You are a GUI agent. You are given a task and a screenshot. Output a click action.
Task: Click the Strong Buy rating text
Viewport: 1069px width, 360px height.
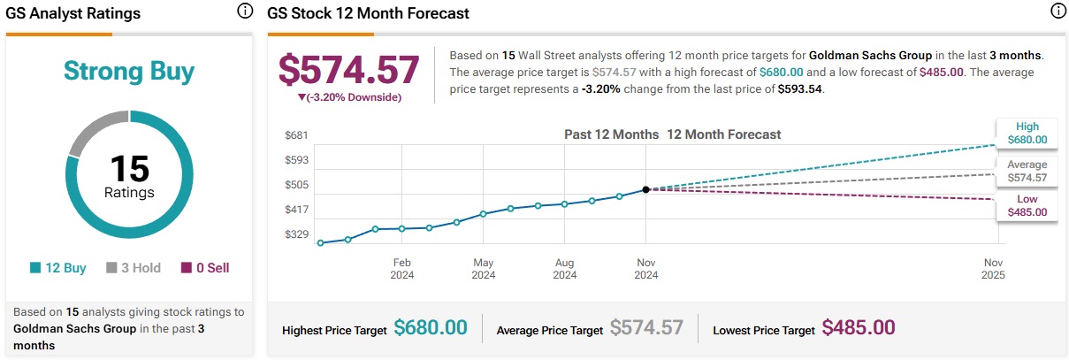[129, 72]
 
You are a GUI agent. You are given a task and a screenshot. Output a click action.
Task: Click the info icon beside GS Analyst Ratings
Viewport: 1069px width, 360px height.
[244, 11]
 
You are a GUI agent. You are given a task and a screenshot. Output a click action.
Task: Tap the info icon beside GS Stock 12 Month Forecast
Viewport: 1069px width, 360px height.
[1057, 11]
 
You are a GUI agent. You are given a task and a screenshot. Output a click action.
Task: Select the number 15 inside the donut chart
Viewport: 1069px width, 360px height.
[129, 168]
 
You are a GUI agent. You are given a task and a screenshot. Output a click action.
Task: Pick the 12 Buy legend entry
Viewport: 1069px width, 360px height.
[58, 267]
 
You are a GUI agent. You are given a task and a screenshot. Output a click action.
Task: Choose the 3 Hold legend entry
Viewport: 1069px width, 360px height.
[134, 267]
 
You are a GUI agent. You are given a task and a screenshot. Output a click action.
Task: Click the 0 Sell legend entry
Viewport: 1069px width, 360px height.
[205, 267]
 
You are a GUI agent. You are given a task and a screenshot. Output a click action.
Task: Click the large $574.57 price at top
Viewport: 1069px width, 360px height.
[348, 70]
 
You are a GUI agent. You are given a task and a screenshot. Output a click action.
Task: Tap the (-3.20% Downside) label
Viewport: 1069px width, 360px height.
[348, 96]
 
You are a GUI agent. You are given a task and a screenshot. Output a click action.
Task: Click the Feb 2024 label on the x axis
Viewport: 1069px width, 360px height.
[401, 269]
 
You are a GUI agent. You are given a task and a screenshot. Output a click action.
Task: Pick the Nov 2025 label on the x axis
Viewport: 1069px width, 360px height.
[993, 269]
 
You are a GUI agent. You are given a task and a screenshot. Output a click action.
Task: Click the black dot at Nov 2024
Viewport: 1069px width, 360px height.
[646, 189]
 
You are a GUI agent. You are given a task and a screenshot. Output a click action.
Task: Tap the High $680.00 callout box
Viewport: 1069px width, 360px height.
[1027, 133]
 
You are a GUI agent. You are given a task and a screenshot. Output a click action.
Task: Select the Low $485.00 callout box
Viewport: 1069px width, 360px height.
[1027, 205]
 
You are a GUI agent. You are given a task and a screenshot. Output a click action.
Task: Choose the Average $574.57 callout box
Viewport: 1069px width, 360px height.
[1027, 171]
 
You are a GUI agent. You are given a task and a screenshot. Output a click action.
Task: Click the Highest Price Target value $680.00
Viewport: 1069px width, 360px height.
[431, 328]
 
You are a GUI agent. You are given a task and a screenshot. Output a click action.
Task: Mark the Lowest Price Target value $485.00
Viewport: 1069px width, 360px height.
[859, 328]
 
